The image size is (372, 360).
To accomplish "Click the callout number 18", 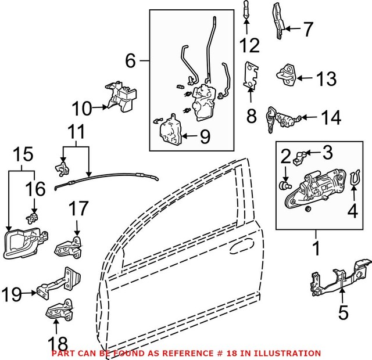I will pos(59,343).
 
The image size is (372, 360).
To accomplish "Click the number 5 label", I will pos(344,314).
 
